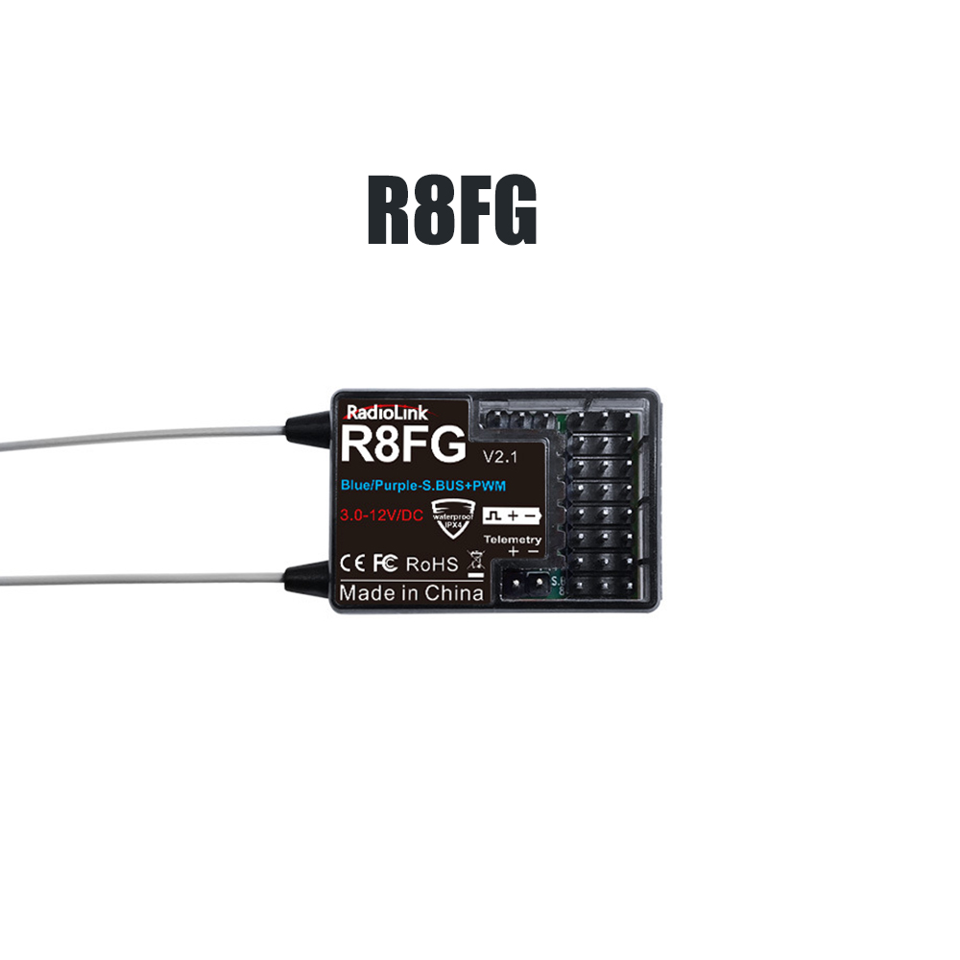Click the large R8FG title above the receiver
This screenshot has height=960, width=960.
(451, 210)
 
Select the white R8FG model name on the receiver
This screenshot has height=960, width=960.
(402, 448)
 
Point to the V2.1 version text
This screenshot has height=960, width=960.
(500, 453)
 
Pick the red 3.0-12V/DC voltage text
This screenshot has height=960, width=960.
(381, 516)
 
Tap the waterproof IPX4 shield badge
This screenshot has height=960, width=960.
(452, 519)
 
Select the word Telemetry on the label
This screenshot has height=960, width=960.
(514, 540)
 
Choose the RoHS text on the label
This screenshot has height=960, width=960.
(432, 564)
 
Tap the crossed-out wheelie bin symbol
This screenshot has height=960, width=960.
(473, 563)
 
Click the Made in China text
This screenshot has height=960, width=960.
(411, 592)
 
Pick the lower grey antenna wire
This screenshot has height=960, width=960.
(144, 579)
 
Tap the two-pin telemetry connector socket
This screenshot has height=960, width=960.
(527, 582)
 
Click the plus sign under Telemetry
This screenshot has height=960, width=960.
(513, 552)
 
